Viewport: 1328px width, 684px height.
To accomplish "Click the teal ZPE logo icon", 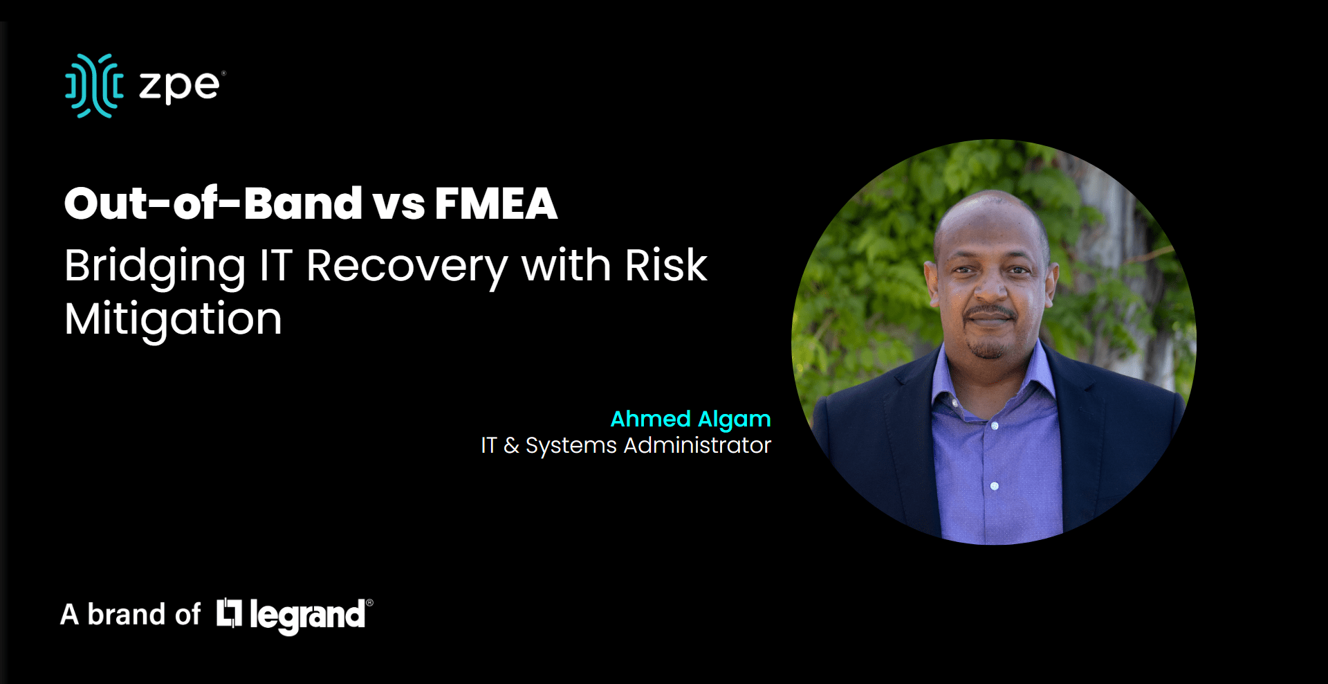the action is click(95, 86).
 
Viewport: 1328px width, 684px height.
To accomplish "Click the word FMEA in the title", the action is click(496, 204).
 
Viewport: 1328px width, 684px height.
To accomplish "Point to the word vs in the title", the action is click(398, 206).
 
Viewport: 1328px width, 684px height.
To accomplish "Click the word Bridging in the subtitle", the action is click(155, 268).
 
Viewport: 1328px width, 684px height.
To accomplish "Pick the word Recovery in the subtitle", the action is click(407, 268).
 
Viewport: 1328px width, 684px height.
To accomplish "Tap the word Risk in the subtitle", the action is click(666, 265).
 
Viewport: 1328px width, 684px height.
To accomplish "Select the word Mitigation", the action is click(173, 321).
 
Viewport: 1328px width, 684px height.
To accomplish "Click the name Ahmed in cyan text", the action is click(651, 419).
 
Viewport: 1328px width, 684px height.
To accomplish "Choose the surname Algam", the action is click(735, 420).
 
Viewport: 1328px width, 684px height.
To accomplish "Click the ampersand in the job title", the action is click(511, 445).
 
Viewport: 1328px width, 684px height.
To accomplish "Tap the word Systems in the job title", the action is click(571, 447).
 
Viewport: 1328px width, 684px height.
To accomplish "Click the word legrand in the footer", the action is click(307, 615).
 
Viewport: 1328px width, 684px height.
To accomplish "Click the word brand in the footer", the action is click(126, 615).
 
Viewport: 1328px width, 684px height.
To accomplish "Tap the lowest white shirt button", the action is click(994, 486).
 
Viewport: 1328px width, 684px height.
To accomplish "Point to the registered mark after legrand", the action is click(369, 603).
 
